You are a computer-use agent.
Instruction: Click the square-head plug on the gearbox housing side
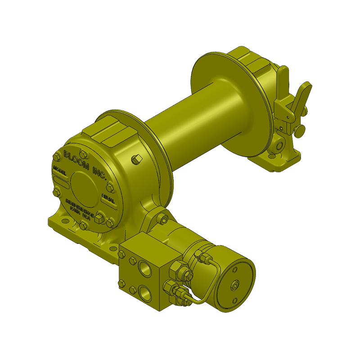[x=138, y=158]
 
